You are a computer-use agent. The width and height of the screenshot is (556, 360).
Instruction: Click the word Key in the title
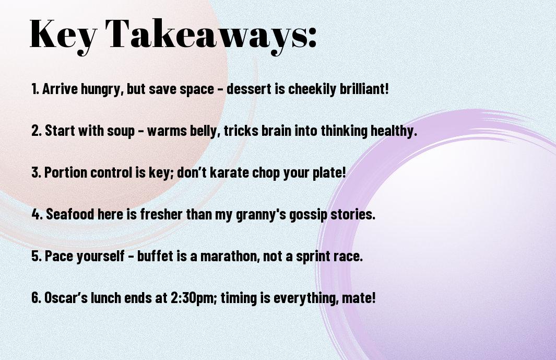[63, 35]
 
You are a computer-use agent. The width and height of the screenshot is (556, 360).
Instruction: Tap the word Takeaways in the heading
[205, 35]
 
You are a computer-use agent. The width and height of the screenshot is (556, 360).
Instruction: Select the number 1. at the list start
[35, 89]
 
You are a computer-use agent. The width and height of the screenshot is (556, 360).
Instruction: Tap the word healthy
[394, 131]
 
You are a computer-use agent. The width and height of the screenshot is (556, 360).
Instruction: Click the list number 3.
[36, 172]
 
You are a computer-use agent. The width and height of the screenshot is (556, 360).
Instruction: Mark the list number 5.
[37, 256]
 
